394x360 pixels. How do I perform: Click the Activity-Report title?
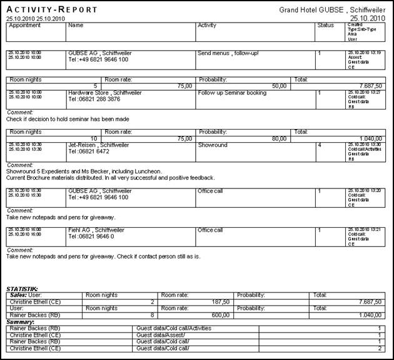tap(52, 9)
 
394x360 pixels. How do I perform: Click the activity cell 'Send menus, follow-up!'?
tap(228, 53)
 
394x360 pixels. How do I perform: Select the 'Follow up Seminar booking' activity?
tap(232, 93)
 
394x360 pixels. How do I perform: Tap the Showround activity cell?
tap(213, 144)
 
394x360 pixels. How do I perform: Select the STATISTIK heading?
tap(23, 289)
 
